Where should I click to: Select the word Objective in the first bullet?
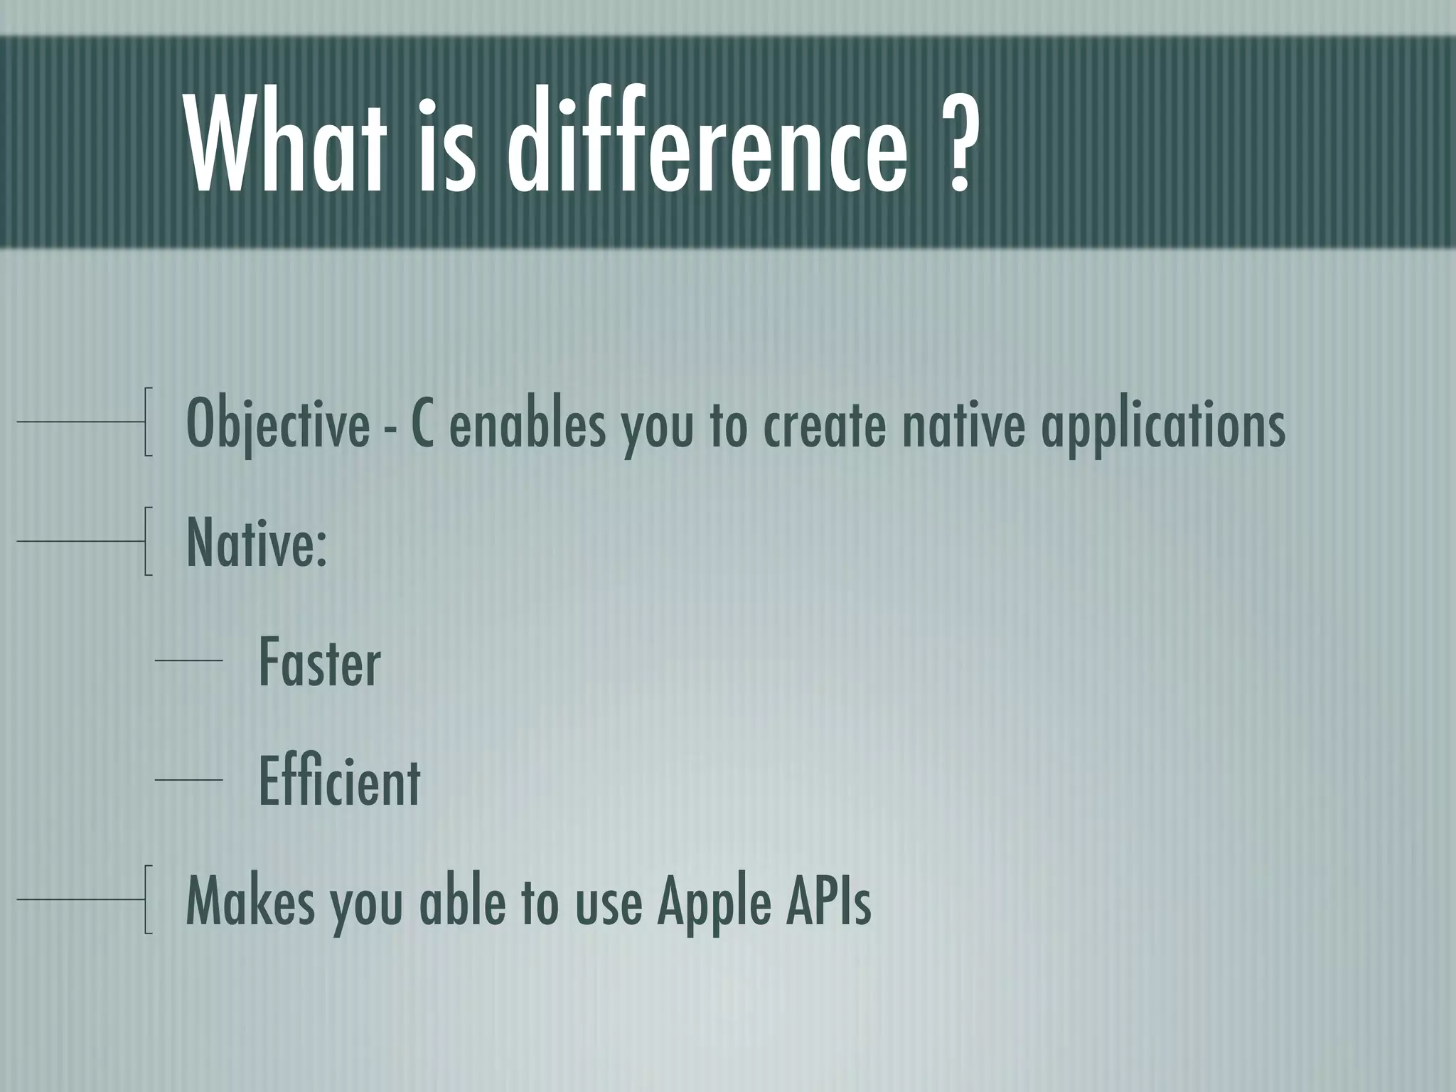tap(277, 424)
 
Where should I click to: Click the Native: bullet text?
tap(257, 542)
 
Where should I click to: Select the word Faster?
tap(319, 663)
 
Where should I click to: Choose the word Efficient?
tap(339, 781)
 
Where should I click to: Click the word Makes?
tap(249, 901)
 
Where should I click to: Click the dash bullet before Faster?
tap(188, 661)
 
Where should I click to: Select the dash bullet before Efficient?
tap(188, 780)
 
